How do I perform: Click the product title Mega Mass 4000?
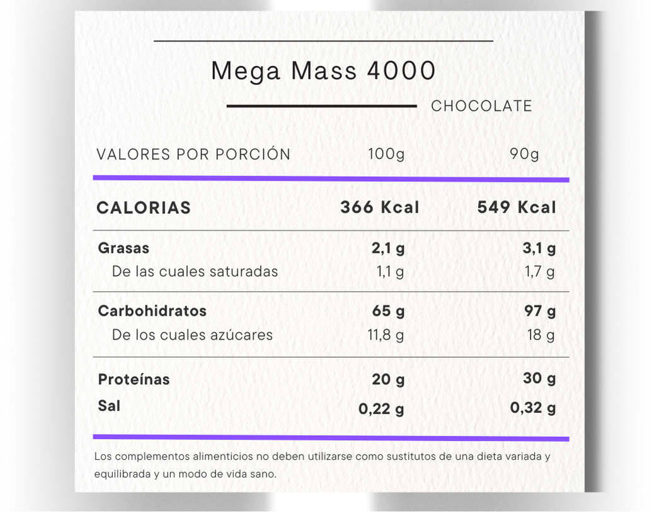(323, 71)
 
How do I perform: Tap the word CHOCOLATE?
(481, 106)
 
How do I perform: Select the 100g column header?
(386, 154)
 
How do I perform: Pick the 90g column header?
(524, 154)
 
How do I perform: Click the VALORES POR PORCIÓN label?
(193, 154)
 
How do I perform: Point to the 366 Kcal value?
(379, 208)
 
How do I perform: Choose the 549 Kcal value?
(517, 208)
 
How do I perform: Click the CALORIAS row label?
(144, 208)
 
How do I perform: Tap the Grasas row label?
(123, 248)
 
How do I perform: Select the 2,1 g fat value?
(388, 248)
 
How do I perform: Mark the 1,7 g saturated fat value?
(539, 272)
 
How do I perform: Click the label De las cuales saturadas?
(195, 272)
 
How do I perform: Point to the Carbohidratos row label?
(152, 311)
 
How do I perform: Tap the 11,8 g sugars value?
(386, 335)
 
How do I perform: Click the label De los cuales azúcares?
(192, 335)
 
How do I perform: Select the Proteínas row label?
(134, 379)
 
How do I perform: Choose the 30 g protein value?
(539, 378)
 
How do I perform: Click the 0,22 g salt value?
(381, 409)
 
